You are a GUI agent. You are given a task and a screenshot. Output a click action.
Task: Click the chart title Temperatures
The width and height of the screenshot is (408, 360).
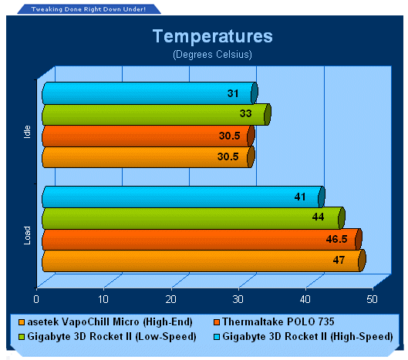213,36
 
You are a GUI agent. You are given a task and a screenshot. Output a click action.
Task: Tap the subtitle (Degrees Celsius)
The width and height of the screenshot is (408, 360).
212,55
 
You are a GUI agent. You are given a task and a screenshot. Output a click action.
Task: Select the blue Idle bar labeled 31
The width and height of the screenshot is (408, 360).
150,93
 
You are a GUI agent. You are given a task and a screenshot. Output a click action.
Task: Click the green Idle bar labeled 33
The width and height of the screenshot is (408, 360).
157,114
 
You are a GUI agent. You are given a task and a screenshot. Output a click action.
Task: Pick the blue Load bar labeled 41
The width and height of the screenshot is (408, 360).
184,197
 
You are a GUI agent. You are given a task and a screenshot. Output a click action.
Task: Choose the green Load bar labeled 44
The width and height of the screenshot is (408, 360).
194,218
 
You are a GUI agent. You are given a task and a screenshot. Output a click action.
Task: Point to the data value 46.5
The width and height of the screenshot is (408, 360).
336,239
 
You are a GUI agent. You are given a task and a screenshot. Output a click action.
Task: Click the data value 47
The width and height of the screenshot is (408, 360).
339,260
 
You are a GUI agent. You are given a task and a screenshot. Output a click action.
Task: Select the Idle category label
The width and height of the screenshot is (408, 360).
27,132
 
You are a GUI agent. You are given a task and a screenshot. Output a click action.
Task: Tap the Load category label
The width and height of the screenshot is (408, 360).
27,235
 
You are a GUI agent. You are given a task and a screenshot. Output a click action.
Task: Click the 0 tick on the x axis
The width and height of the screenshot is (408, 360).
36,299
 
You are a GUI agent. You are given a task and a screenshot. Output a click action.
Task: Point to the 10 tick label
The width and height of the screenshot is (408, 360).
103,299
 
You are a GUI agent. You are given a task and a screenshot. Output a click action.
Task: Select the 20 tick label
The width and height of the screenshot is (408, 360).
170,299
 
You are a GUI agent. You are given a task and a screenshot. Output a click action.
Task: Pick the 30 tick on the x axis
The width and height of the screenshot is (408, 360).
238,299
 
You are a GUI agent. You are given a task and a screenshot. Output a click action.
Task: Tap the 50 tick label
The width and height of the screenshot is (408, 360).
372,299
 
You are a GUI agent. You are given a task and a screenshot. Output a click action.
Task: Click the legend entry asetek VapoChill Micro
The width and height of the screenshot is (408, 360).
106,322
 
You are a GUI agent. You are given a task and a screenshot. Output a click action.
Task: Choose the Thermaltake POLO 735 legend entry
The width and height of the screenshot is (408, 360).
274,322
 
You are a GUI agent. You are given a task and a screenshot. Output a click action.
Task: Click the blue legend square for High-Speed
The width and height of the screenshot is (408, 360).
217,337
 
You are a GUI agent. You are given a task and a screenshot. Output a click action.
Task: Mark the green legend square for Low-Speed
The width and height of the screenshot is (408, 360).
22,337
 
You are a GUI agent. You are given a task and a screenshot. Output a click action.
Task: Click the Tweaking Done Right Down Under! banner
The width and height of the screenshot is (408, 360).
89,9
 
